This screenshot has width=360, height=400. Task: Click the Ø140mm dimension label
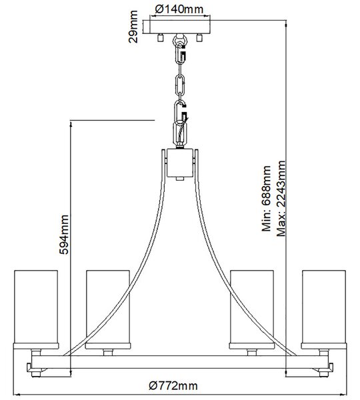point(179,9)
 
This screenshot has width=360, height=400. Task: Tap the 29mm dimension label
point(133,27)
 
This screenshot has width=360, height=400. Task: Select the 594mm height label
point(64,235)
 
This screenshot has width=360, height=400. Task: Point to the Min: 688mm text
point(266,199)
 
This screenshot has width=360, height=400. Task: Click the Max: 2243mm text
point(281,199)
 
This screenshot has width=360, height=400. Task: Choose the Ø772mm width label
point(173,385)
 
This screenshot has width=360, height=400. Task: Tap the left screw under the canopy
point(160,37)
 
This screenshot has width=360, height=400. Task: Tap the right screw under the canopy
point(199,37)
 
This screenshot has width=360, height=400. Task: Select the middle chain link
point(180,84)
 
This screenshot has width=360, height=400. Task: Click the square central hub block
point(180,163)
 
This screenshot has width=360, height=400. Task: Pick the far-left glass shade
point(36,309)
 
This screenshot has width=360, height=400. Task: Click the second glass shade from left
point(108,309)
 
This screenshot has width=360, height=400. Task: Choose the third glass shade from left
point(252,309)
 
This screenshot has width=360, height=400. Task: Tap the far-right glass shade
point(324,309)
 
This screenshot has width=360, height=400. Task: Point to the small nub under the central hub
point(180,179)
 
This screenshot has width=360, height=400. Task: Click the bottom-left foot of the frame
point(36,374)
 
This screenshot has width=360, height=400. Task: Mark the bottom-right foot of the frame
point(324,374)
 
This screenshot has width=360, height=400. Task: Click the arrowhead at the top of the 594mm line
point(71,123)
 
